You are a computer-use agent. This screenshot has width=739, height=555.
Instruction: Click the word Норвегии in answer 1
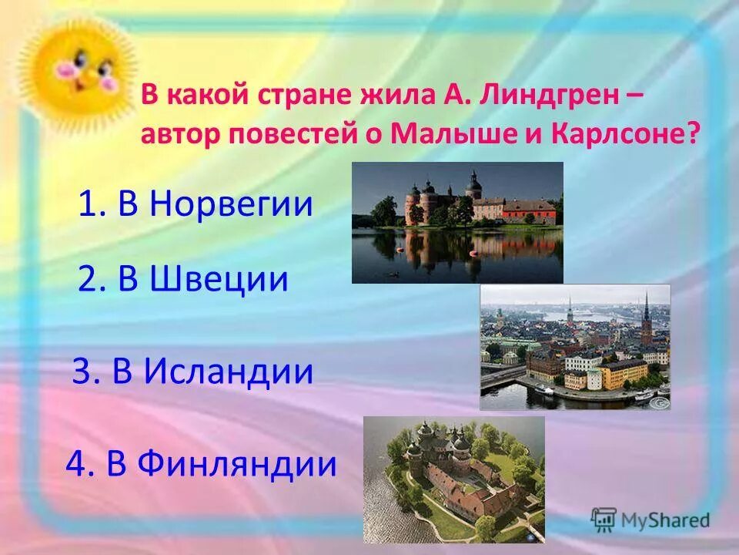(231, 204)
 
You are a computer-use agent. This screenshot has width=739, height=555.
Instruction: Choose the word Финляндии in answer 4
(239, 464)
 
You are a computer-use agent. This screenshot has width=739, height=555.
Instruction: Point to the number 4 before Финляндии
(75, 464)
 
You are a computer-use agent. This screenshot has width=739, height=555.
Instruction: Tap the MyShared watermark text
(665, 520)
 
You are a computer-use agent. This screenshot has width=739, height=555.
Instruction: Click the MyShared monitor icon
(604, 520)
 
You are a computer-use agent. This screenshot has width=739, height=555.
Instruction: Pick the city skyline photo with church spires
(575, 347)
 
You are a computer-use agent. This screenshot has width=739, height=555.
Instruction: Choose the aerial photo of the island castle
(454, 479)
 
